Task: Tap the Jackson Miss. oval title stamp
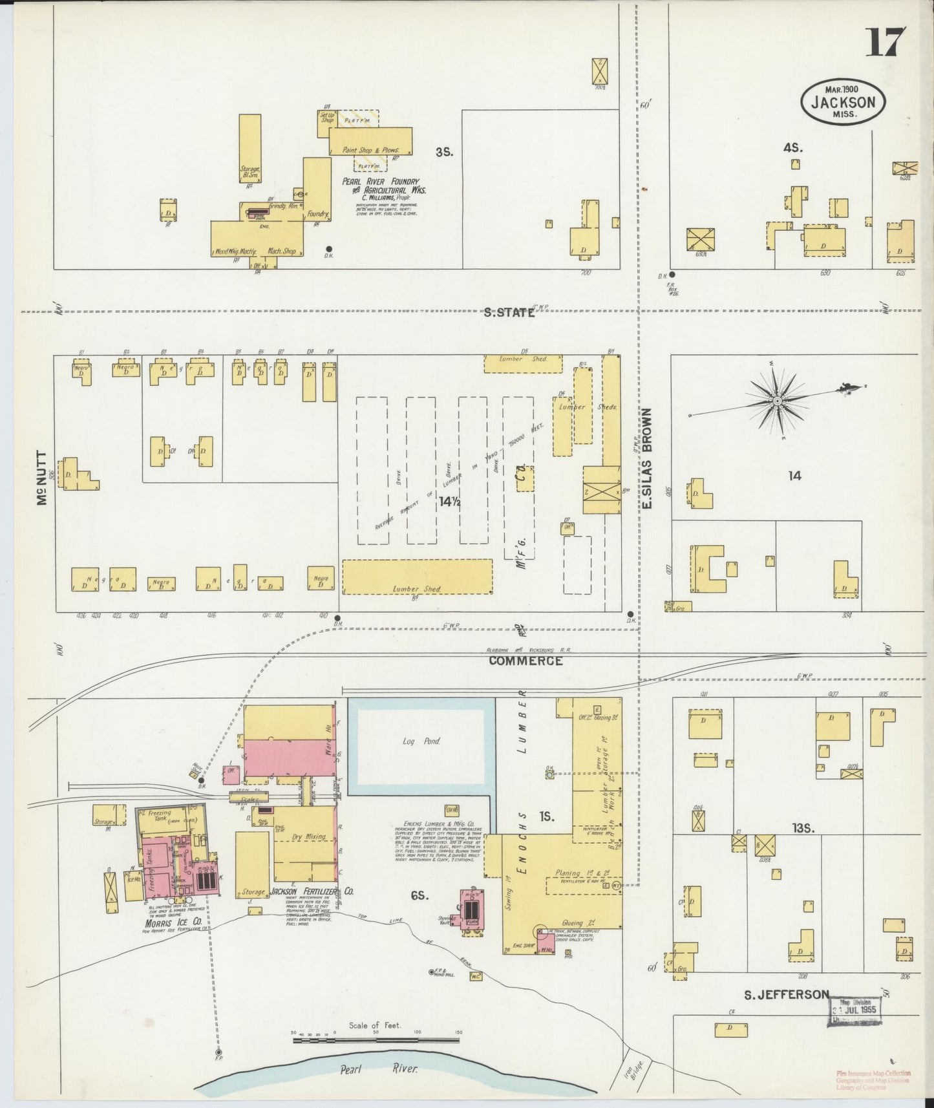pos(843,101)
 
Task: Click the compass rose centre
pos(778,401)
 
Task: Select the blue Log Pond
pos(421,741)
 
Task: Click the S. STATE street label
pos(509,312)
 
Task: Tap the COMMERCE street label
pos(525,661)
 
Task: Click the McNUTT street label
pos(43,478)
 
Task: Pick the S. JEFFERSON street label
pos(786,994)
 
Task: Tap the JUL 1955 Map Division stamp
pos(855,1010)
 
